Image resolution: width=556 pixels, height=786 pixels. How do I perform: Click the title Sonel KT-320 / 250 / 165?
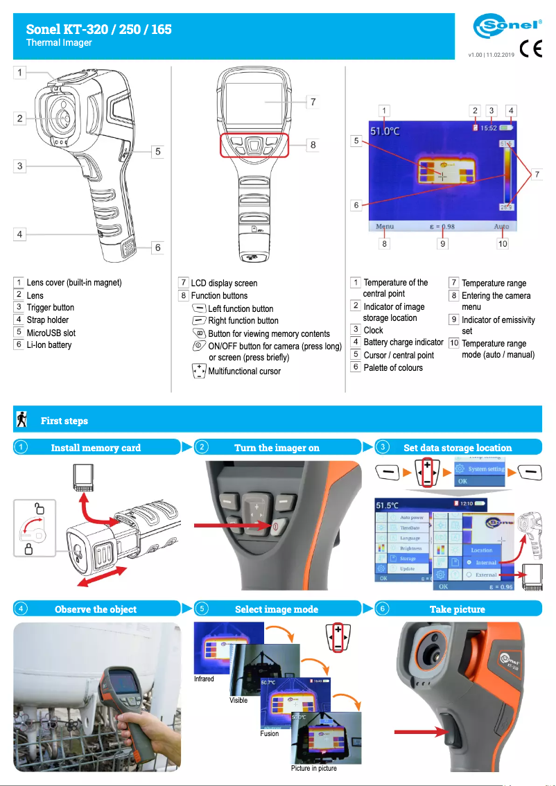coord(99,29)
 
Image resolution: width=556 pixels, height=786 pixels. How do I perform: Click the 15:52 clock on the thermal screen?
coord(489,128)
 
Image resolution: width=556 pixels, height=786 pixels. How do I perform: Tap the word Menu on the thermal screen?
coord(384,227)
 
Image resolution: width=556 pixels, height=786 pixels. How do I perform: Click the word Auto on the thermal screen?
coord(501,227)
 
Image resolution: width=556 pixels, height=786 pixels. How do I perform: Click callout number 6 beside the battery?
coord(157,247)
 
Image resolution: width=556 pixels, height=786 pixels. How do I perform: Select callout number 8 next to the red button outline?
coord(313,145)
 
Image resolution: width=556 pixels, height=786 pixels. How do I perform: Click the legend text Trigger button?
coord(50,307)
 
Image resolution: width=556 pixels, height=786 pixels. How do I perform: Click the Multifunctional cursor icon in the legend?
coord(199,370)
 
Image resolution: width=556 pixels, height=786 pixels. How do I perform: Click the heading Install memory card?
coord(96,448)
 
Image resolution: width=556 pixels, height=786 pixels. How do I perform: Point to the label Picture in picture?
coord(314,768)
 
